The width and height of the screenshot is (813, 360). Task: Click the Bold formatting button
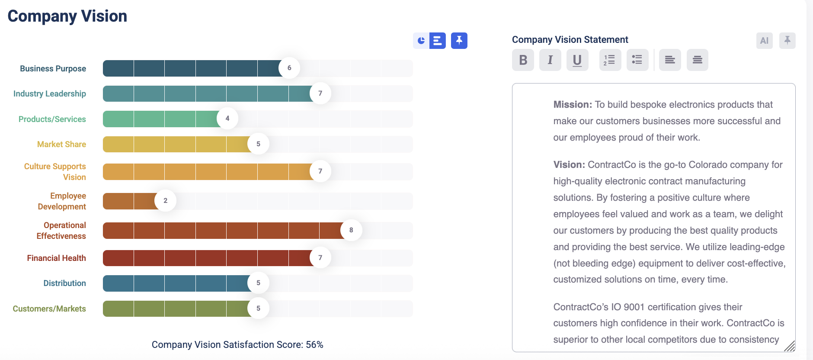point(523,60)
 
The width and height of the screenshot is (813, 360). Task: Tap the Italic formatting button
point(550,60)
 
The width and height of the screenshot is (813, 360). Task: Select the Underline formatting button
point(577,60)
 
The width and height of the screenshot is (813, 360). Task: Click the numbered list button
point(610,60)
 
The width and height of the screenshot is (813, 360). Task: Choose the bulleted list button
point(637,60)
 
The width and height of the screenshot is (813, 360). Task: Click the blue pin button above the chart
point(459,41)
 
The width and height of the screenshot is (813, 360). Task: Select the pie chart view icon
point(421,41)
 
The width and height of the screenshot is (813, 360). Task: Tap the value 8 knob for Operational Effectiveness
point(351,230)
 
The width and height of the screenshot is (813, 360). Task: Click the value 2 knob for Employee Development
point(165,201)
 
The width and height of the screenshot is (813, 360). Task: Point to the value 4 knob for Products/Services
point(227,119)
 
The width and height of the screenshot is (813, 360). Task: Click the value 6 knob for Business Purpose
point(289,68)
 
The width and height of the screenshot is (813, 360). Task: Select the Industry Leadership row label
point(50,94)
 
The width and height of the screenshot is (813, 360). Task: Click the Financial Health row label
point(56,258)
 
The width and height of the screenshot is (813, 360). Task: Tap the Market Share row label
point(61,145)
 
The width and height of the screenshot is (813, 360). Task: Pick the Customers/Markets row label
point(49,309)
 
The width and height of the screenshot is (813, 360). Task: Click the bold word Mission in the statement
point(572,105)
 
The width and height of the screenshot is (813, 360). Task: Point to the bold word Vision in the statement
point(569,165)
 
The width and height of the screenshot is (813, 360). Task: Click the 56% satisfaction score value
point(314,345)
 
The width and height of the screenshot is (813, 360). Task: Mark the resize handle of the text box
point(790,346)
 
